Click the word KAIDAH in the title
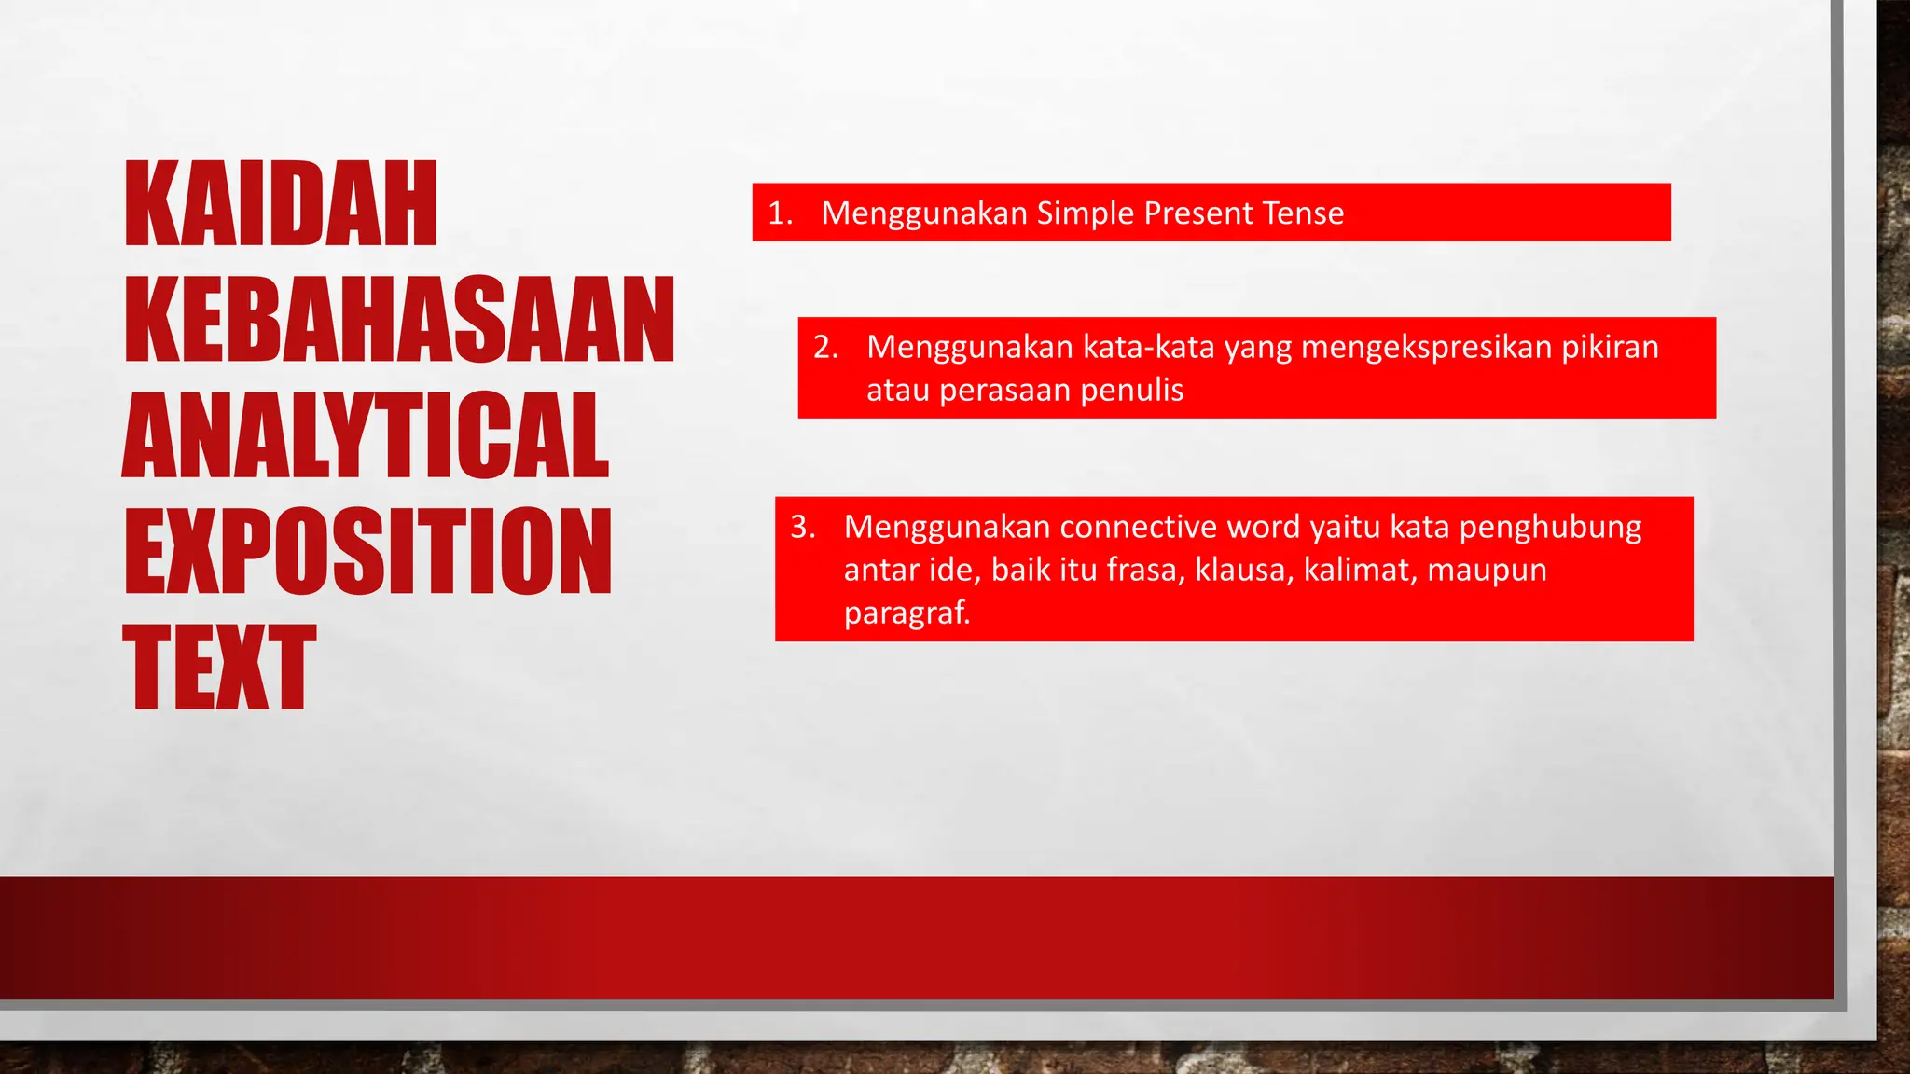pos(281,204)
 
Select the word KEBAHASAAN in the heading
pos(399,320)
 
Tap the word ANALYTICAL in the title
pos(366,435)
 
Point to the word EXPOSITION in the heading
pos(367,551)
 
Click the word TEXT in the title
pos(220,667)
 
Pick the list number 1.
pos(780,213)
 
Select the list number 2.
pos(825,347)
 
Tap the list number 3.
pos(803,527)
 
